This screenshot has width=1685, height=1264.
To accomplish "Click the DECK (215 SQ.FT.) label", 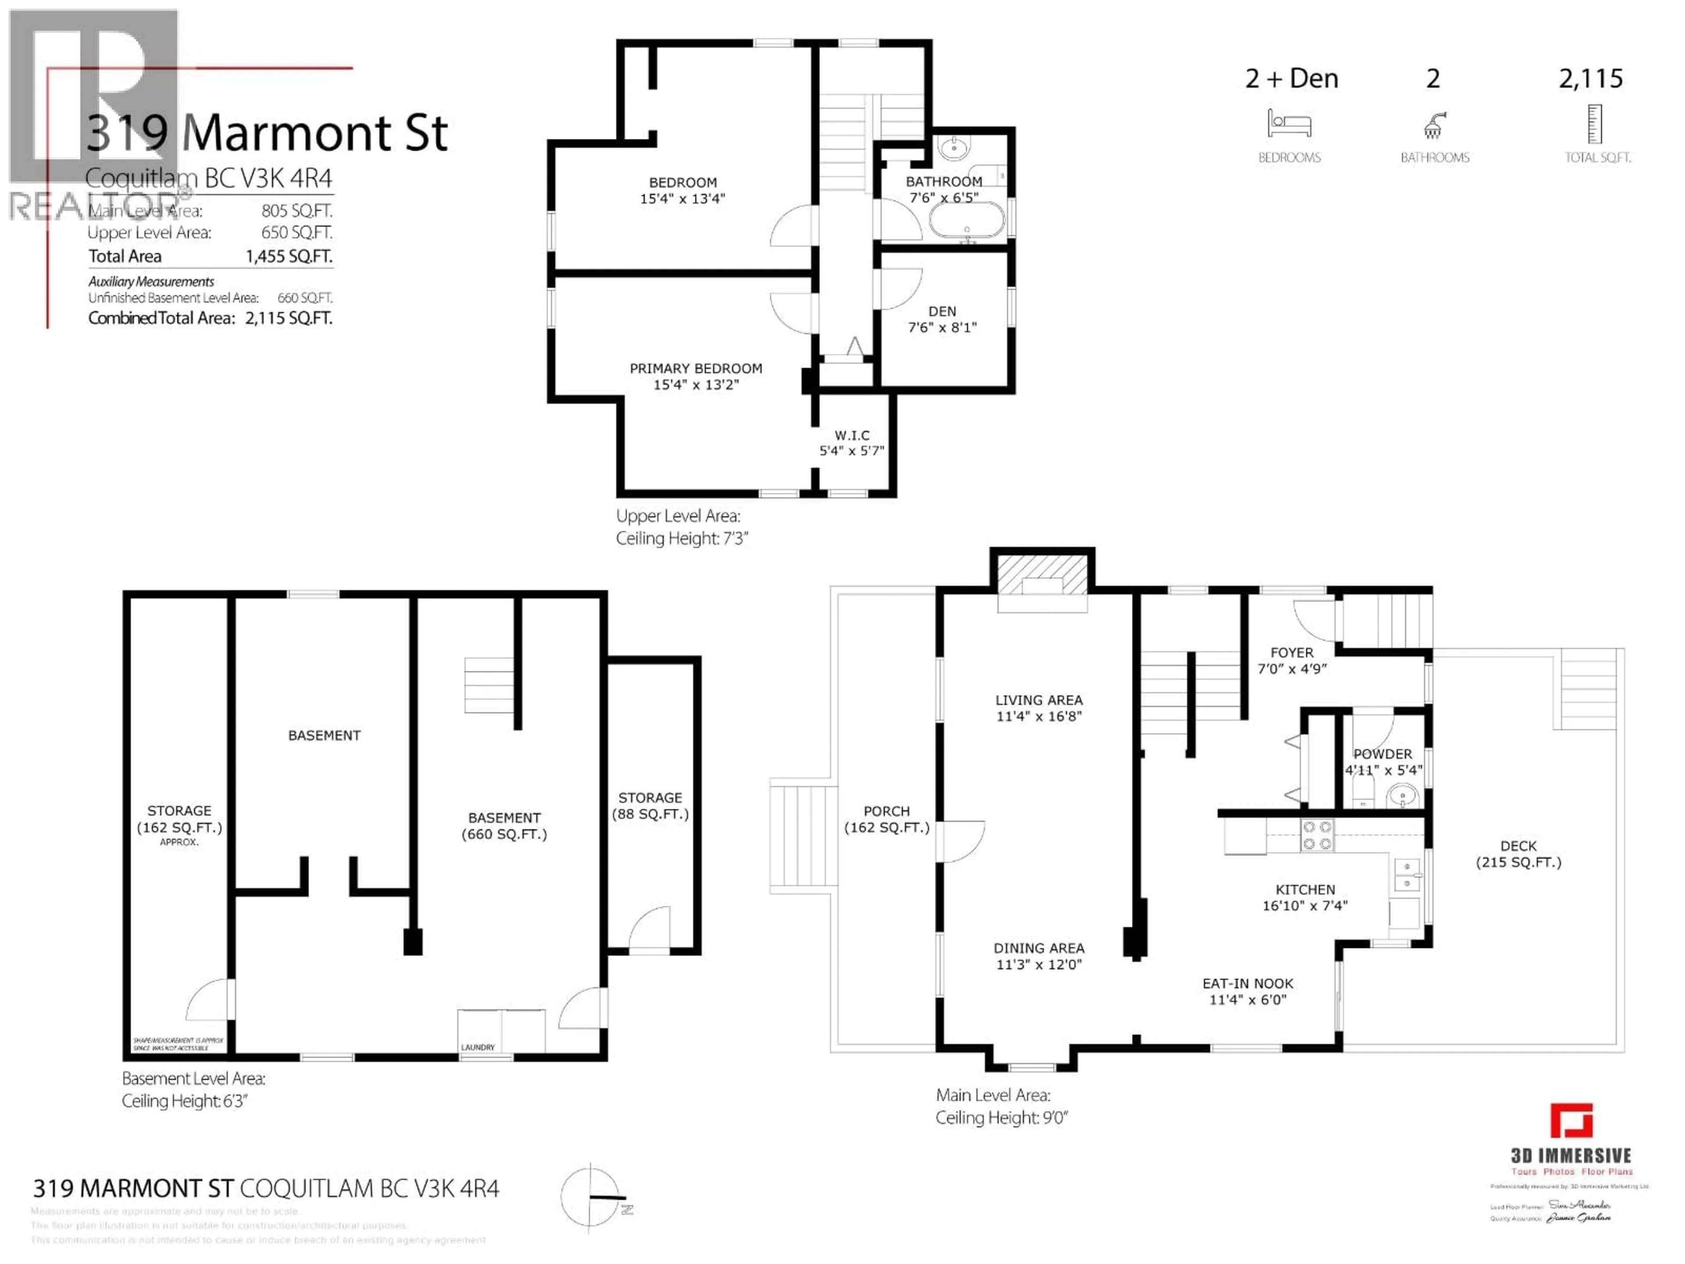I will tap(1518, 854).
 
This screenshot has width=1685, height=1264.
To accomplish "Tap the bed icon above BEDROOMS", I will tap(1289, 123).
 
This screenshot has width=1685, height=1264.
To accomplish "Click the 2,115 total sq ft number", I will tap(1591, 79).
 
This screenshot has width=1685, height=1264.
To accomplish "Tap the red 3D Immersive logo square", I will tap(1571, 1121).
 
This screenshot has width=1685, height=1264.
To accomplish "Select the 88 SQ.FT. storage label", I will tap(650, 814).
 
